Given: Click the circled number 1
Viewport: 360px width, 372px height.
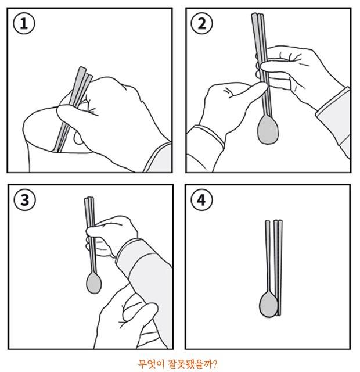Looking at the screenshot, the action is (x=24, y=23).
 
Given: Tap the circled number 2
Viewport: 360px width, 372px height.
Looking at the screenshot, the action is (x=201, y=23).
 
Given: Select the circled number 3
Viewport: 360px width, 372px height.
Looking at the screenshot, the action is (x=25, y=200).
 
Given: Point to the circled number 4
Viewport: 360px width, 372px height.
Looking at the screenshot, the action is (x=201, y=200).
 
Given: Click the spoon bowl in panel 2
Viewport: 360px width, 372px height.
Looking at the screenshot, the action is (x=268, y=130).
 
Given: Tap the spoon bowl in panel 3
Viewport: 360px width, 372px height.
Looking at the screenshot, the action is (x=94, y=283).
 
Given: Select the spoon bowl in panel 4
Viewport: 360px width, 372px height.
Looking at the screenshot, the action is (x=268, y=305).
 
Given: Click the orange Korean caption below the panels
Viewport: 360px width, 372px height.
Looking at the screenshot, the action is (x=178, y=364).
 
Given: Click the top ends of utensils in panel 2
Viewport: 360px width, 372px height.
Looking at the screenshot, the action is (x=258, y=15).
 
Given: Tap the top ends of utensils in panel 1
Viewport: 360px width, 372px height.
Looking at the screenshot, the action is (x=85, y=71).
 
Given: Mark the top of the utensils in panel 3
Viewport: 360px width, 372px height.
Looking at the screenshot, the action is (x=89, y=199).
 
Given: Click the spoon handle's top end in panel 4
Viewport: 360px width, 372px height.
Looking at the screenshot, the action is (x=267, y=222).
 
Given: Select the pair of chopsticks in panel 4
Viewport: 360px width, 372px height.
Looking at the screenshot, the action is (x=278, y=268).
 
